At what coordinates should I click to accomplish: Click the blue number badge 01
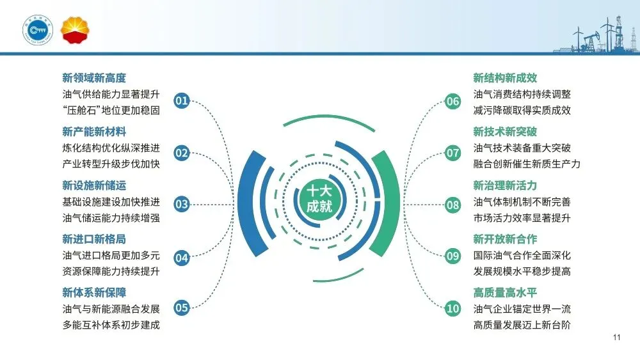coord(182,100)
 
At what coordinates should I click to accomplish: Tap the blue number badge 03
coord(182,204)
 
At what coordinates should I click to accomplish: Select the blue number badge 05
coord(182,308)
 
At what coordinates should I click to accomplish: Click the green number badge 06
coord(452,101)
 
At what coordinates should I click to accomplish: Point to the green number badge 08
coord(452,205)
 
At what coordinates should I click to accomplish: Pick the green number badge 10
coord(452,308)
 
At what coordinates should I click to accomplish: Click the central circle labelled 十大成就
coord(319,199)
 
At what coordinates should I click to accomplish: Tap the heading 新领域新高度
coord(94,78)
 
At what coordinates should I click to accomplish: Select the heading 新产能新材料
coord(94,132)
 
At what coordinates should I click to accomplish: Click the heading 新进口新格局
coord(94,239)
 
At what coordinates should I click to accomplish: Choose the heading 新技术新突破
coord(506,132)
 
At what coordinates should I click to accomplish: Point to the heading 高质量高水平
coord(506,293)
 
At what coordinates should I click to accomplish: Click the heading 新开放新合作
coord(506,239)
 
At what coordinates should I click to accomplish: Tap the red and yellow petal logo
coord(75,30)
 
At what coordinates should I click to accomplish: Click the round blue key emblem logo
coord(38,30)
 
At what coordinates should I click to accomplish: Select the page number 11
coord(616,337)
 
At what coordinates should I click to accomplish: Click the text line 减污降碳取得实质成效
coord(522,110)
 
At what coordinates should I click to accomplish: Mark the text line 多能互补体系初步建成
coord(111,325)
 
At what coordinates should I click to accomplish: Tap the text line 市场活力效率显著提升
coord(522,217)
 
